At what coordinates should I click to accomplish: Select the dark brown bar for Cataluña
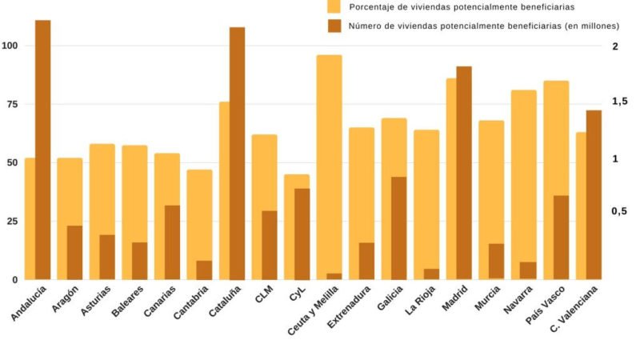(238, 153)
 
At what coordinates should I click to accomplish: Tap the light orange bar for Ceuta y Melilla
(329, 160)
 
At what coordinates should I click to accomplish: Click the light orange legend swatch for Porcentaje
(334, 6)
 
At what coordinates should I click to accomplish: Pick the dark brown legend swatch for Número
(334, 26)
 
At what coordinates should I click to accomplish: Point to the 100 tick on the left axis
(10, 46)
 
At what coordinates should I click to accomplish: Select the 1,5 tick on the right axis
(619, 102)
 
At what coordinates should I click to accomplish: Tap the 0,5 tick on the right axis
(619, 211)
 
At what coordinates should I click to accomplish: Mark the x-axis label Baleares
(130, 303)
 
